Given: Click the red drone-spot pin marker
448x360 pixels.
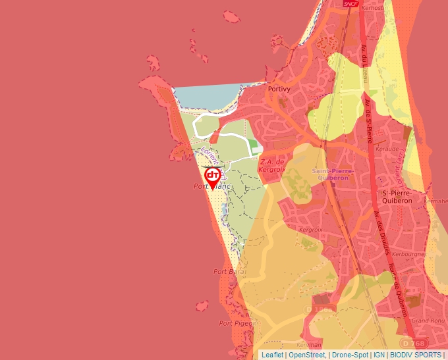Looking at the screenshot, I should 213,176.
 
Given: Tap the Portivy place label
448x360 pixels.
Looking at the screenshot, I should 279,88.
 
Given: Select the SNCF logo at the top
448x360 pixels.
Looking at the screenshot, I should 350,3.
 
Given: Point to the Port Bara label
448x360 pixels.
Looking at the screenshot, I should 229,271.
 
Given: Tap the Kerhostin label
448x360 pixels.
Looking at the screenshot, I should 372,7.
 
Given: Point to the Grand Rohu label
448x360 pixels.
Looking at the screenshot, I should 425,321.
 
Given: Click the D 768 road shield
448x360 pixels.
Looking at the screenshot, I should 414,343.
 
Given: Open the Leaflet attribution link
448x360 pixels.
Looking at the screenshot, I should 272,355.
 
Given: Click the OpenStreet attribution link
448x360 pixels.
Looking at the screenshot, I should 307,355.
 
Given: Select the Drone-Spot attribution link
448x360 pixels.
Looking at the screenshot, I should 349,355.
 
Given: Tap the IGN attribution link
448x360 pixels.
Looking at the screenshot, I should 379,355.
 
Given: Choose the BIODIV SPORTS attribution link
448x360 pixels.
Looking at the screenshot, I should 416,355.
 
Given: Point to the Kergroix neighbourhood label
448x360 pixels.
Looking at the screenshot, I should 310,230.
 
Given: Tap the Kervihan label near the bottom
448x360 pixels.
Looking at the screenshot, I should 309,345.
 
